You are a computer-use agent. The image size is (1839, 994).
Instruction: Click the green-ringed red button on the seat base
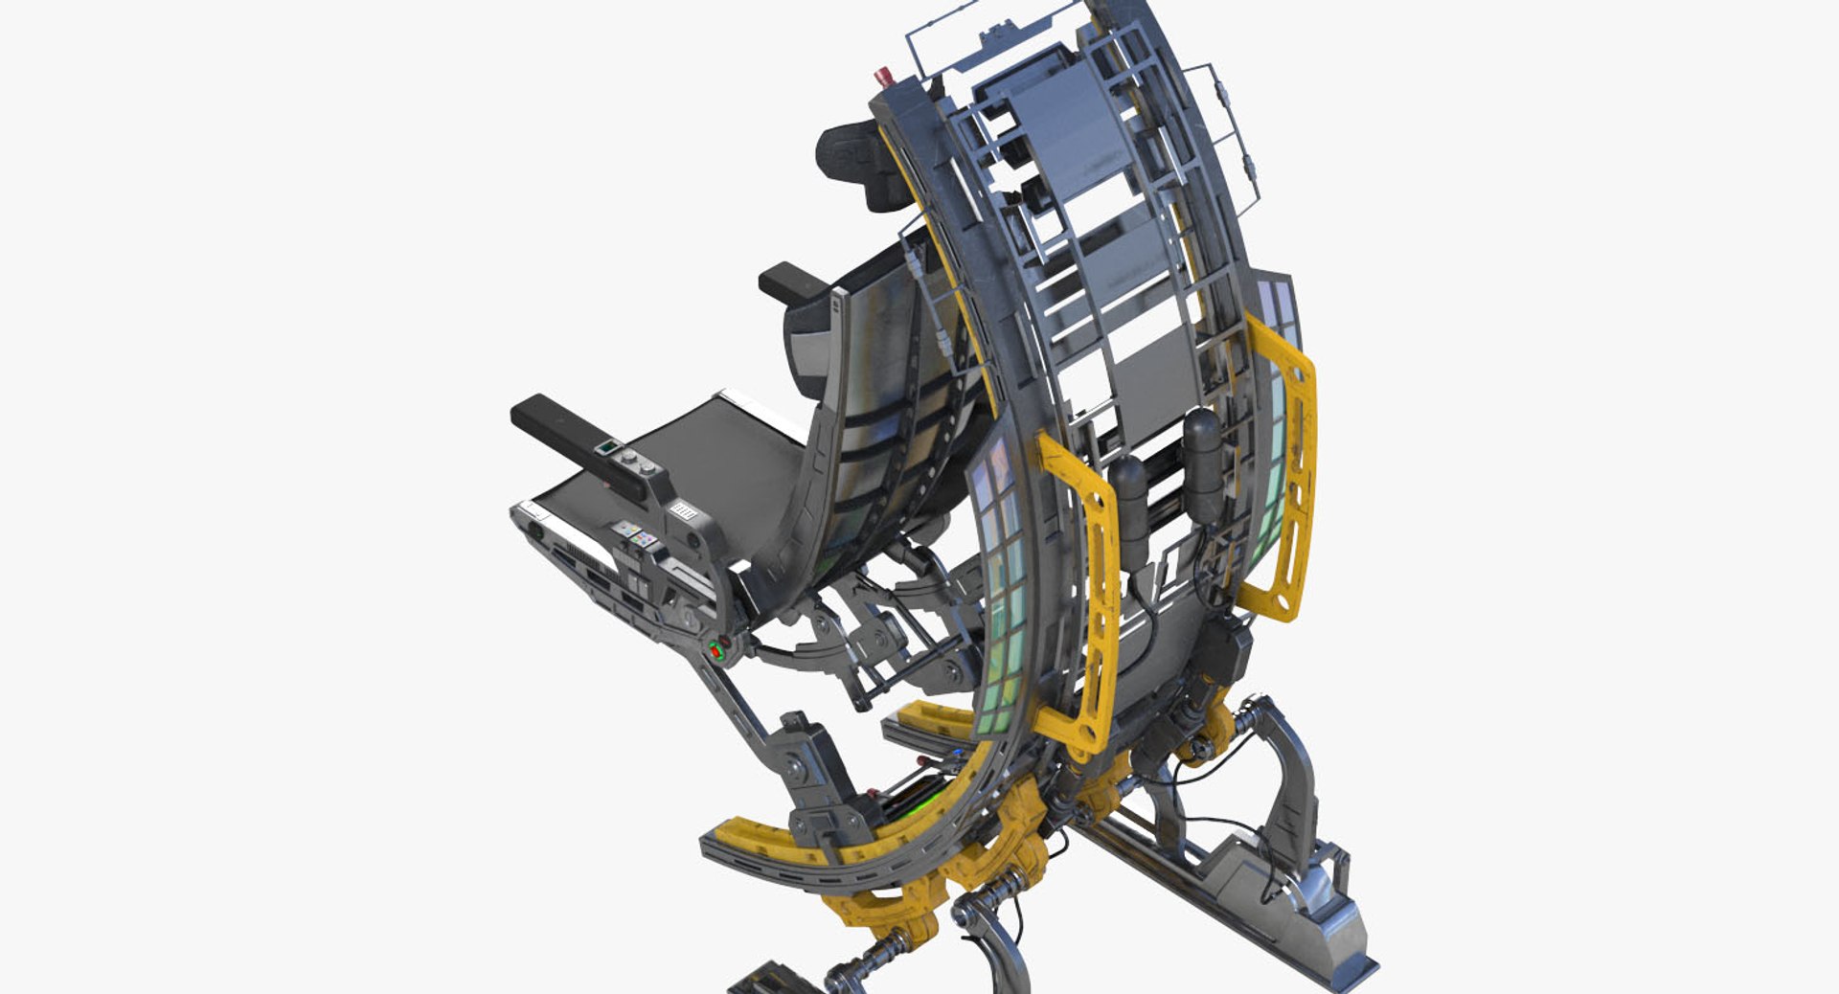[715, 651]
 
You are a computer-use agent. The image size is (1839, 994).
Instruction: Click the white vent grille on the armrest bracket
[684, 509]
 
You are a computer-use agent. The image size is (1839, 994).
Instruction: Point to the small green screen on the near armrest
[605, 448]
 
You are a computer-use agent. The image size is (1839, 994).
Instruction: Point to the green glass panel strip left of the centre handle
[1001, 594]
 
